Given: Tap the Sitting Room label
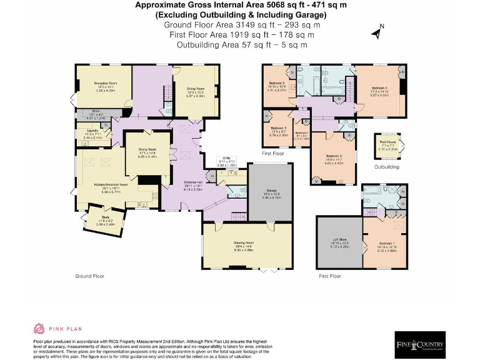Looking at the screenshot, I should tap(196, 89).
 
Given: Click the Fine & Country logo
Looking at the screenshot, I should tap(420, 344).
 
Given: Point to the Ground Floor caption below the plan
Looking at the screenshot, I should tap(89, 276).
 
